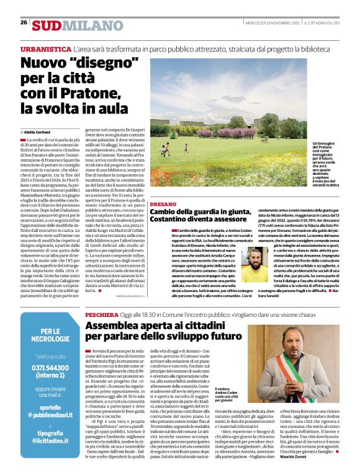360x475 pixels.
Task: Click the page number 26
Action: click(x=24, y=22)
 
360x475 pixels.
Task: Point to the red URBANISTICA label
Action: click(x=45, y=48)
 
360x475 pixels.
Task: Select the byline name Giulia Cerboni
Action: click(x=39, y=133)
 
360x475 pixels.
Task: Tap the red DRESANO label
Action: click(x=163, y=203)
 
